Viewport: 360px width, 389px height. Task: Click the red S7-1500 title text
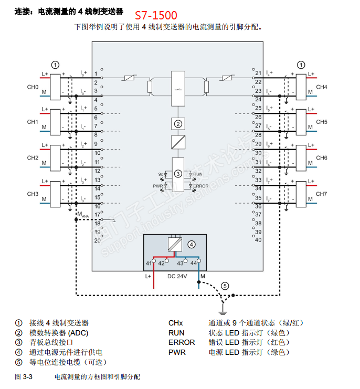[x=156, y=16]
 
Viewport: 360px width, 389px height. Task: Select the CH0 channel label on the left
[x=33, y=87]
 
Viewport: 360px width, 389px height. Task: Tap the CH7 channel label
[x=322, y=194]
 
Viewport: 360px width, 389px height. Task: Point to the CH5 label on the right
[x=322, y=122]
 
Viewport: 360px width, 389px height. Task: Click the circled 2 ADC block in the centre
[x=178, y=124]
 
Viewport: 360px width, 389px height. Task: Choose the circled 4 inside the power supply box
[x=192, y=244]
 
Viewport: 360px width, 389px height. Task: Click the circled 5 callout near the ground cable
[x=225, y=286]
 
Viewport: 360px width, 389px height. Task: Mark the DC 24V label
[x=177, y=276]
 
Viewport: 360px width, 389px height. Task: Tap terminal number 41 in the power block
[x=149, y=262]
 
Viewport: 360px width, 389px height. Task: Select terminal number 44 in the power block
[x=193, y=262]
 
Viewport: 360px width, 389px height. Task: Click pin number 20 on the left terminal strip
[x=97, y=240]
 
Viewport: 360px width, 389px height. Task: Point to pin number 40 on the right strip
[x=258, y=240]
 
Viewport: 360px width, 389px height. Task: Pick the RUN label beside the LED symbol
[x=197, y=174]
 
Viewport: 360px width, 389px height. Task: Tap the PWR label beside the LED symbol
[x=157, y=186]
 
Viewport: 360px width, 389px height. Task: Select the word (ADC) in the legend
[x=82, y=333]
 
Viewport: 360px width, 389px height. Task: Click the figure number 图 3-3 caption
[x=24, y=377]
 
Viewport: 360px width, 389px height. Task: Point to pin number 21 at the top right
[x=258, y=73]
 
